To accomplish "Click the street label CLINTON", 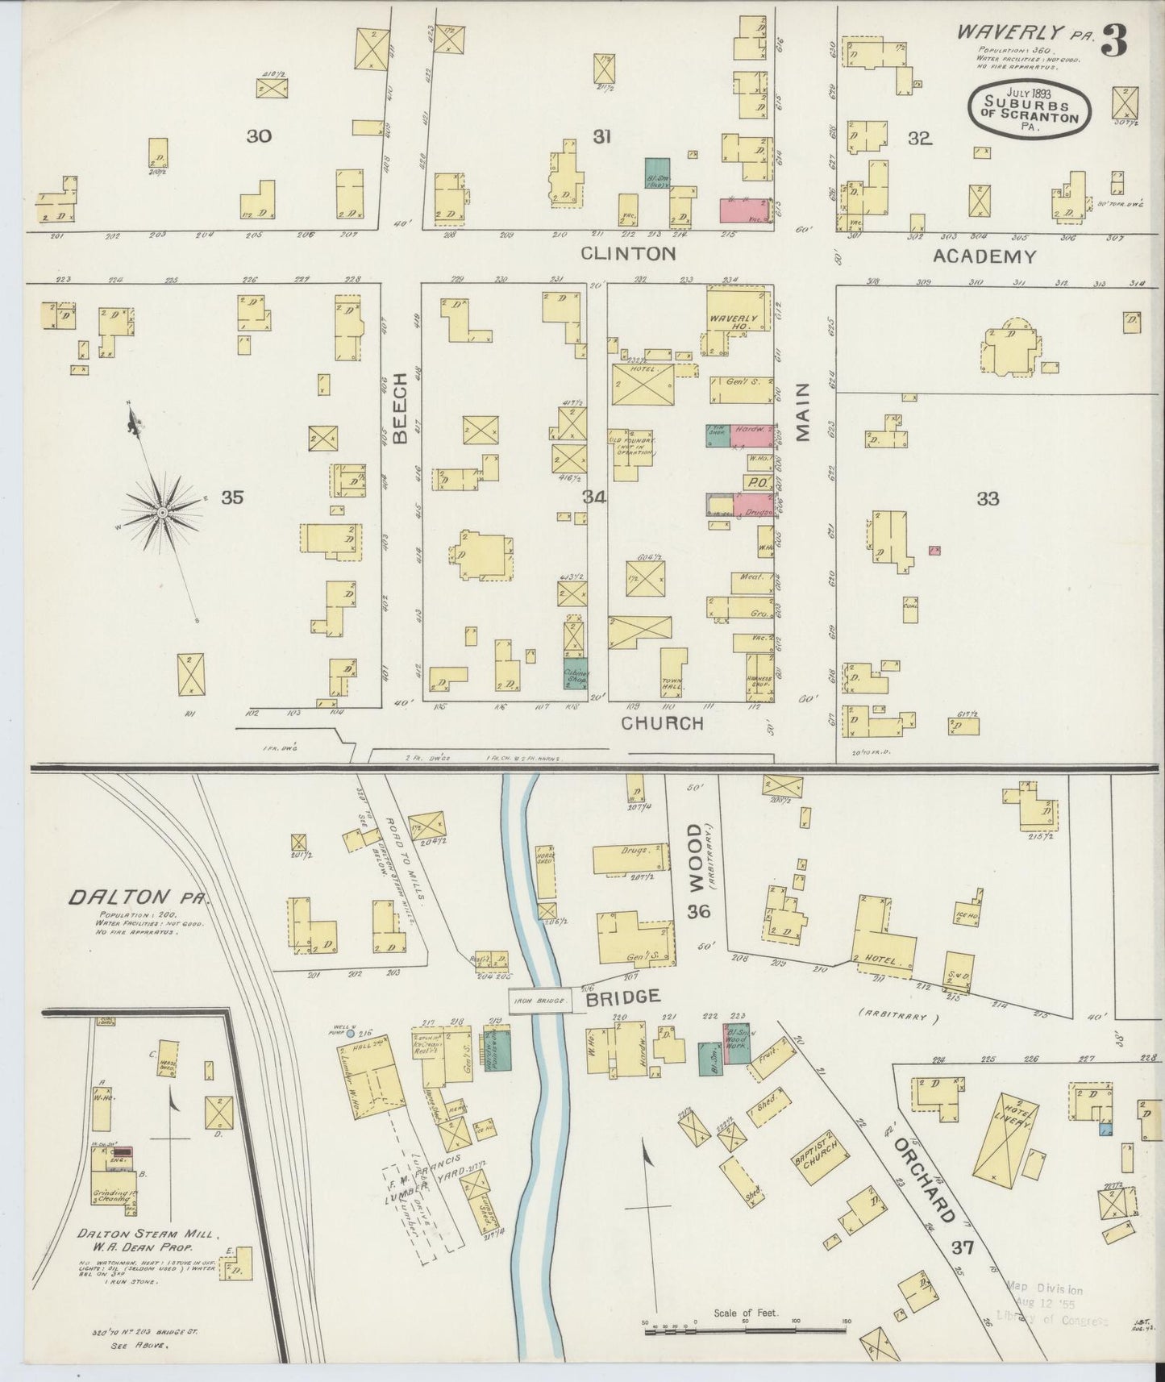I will (x=628, y=254).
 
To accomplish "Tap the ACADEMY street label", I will (x=984, y=257).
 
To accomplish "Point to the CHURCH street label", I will (x=662, y=723).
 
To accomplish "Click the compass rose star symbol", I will (x=162, y=513).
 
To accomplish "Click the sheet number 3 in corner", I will (x=1114, y=40).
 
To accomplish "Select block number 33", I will (x=988, y=499).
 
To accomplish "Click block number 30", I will (x=259, y=136).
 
